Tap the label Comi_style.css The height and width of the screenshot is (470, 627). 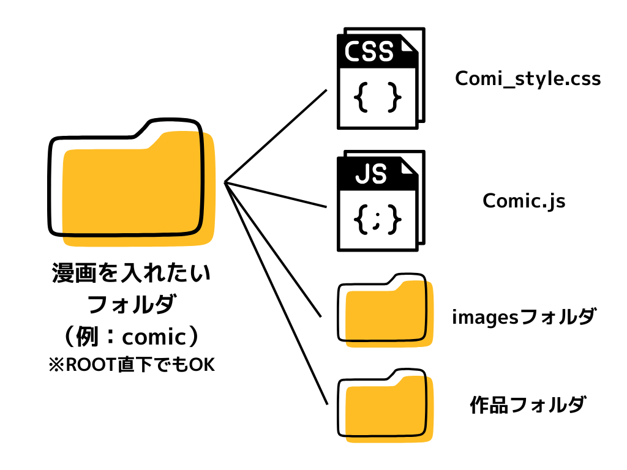[528, 79]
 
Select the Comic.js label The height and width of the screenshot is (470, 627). [524, 201]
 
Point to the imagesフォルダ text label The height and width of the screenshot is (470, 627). [524, 317]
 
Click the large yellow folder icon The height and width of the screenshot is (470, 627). [132, 184]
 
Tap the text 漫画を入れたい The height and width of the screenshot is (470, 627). [131, 273]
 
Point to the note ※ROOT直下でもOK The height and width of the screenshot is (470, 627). [131, 365]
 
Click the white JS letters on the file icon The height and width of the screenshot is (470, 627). [371, 174]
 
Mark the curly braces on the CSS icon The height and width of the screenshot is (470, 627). [378, 97]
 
